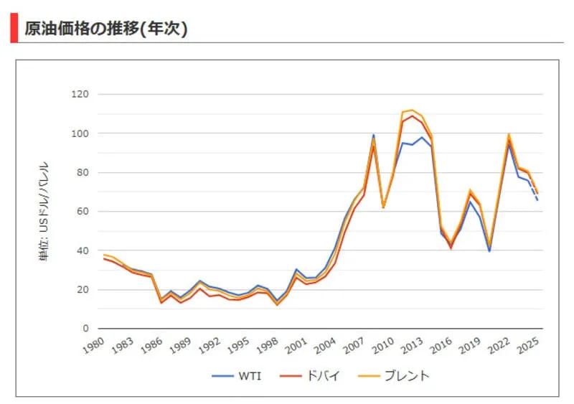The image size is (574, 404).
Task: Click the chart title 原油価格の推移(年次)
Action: click(x=106, y=29)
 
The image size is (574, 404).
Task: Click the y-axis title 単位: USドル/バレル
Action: click(x=44, y=211)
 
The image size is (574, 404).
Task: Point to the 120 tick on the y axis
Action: click(x=80, y=95)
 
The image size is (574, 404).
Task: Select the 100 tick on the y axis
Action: click(x=80, y=133)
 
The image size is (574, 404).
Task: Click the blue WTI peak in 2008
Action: click(x=373, y=135)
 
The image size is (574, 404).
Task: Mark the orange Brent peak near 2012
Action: click(x=412, y=111)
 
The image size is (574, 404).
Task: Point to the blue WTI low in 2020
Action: click(x=489, y=251)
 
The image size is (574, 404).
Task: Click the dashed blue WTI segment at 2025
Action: click(x=535, y=195)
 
